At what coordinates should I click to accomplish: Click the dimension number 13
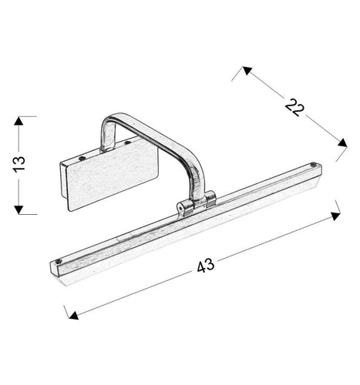click(21, 163)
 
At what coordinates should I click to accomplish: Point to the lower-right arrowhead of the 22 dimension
click(341, 141)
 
